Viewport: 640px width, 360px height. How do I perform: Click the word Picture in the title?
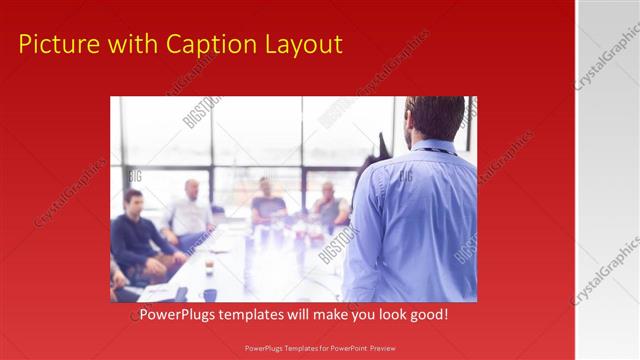pos(57,44)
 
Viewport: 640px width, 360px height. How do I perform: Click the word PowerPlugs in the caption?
pos(175,315)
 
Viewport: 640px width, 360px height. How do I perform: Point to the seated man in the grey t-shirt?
pos(267,204)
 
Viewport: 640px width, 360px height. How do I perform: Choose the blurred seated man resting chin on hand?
pos(329,206)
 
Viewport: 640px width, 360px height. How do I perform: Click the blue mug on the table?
pos(210,294)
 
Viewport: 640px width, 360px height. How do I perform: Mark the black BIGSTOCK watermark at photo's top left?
pos(201,112)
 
